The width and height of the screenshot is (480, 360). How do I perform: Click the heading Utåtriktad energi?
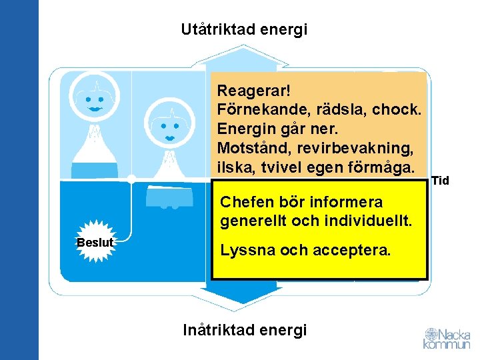pos(244,30)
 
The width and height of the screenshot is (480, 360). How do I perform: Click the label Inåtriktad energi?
pos(245,329)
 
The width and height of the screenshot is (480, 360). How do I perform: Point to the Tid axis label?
pos(441,181)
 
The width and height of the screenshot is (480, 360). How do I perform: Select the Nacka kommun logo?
pos(446,338)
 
